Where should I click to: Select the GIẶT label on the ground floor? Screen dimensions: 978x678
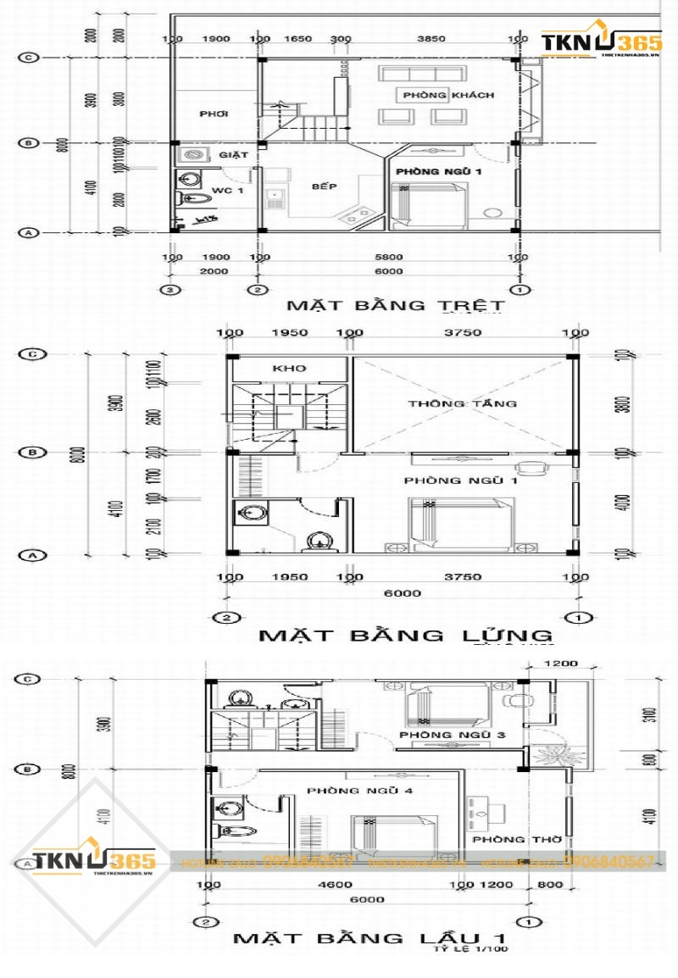[x=232, y=156]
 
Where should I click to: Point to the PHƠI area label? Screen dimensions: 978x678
[x=214, y=114]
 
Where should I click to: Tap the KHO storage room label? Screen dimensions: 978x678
[x=288, y=369]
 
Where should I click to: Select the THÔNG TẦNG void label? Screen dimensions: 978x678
[x=462, y=403]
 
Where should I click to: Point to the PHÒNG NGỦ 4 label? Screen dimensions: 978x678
[x=348, y=791]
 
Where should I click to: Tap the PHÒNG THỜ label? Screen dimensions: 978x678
[x=505, y=840]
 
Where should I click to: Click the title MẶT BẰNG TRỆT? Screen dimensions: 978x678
[x=396, y=305]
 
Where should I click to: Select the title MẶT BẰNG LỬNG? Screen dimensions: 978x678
[x=405, y=635]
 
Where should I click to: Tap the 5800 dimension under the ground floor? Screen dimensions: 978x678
[x=390, y=257]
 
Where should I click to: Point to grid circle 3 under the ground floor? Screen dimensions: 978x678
[x=172, y=291]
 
